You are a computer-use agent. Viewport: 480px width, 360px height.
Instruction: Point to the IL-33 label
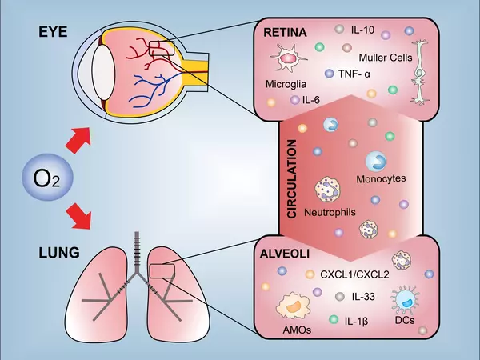click(x=365, y=297)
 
